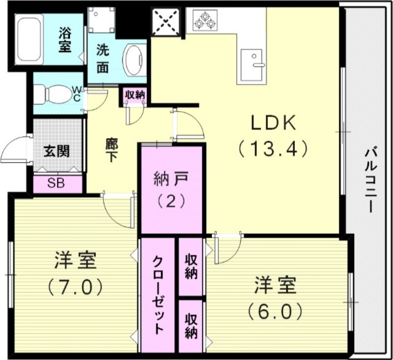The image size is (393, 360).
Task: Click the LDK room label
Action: (273, 123)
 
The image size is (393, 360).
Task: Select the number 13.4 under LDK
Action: (273, 148)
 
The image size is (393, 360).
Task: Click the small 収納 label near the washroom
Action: (134, 95)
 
